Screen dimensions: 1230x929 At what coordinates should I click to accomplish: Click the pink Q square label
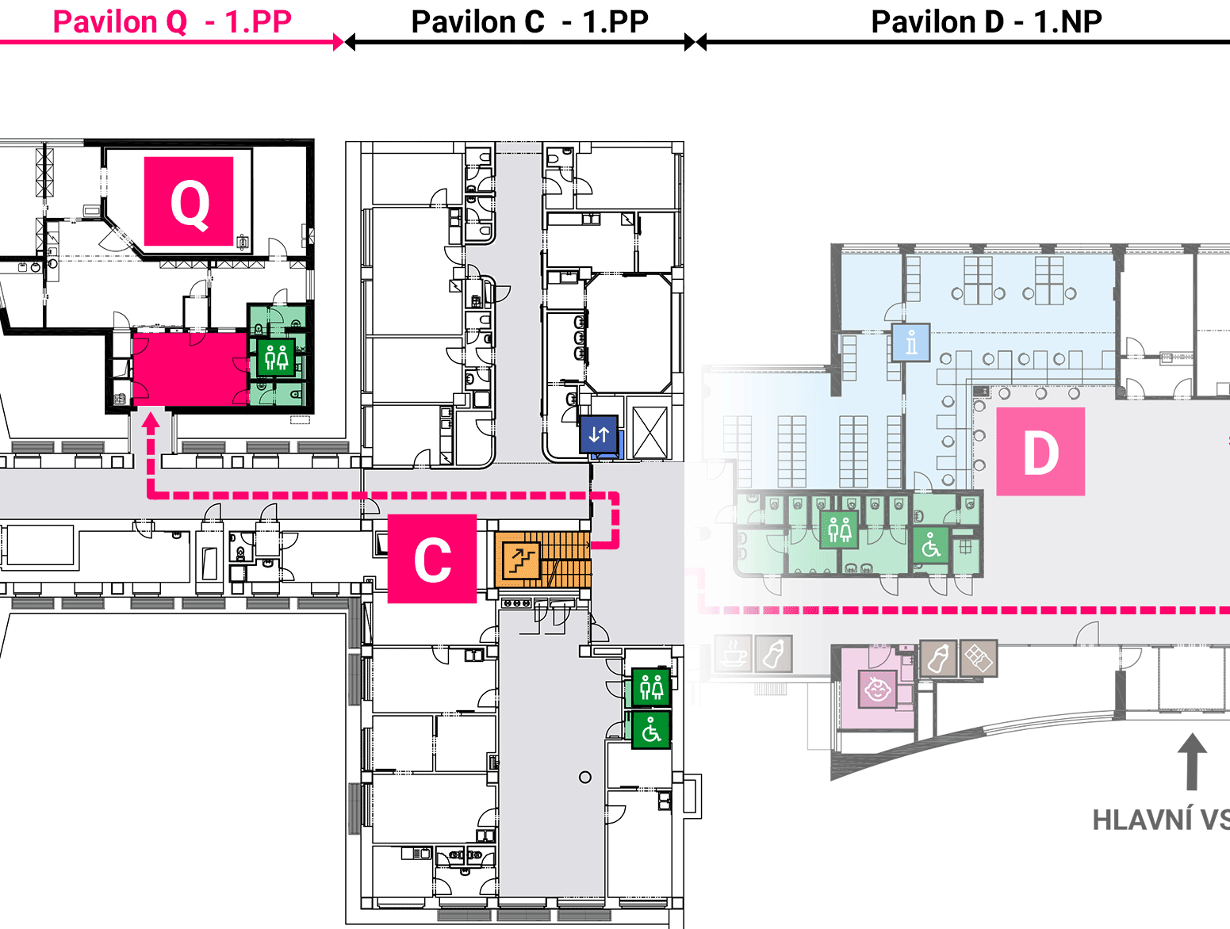pos(188,201)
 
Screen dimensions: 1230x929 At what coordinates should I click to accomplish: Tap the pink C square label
pos(432,558)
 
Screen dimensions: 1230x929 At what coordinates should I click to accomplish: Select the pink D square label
pos(1040,451)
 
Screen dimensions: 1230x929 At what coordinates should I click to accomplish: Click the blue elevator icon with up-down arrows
pos(599,434)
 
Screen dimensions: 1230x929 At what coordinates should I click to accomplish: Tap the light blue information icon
pos(911,342)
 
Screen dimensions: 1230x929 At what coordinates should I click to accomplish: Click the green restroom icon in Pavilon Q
pos(276,357)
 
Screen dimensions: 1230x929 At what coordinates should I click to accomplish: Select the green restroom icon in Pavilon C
pos(651,687)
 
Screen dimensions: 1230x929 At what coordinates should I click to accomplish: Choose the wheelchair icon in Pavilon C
pos(651,730)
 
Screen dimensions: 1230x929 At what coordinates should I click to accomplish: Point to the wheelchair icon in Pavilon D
pos(931,545)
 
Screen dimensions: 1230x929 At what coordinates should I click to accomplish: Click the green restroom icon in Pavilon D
pos(839,529)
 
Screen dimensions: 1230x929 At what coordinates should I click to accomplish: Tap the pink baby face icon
pos(878,690)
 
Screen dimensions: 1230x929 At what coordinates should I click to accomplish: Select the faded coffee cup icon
pos(733,653)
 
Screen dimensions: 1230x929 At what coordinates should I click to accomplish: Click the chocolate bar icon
pos(979,659)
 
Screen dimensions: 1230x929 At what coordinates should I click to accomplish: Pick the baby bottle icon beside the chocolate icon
pos(939,659)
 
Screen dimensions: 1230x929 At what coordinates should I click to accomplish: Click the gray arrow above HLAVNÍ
pos(1192,762)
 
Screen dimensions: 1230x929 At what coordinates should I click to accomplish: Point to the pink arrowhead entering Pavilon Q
pos(150,422)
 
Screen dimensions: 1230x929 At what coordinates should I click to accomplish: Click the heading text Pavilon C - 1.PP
pos(530,22)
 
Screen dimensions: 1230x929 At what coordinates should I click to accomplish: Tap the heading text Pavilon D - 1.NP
pos(987,22)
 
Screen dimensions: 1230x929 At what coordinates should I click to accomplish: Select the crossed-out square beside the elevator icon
pos(650,433)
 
